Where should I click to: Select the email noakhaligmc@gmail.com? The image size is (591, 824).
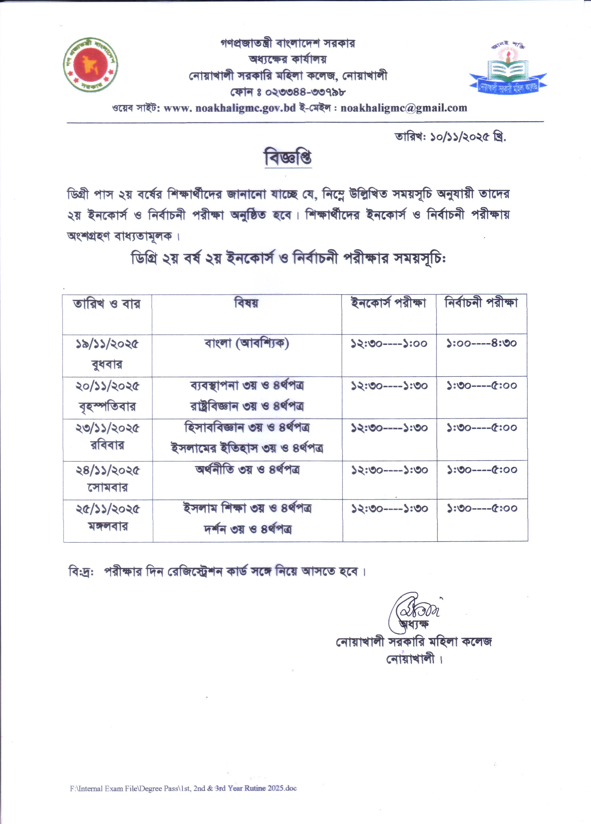pos(404,108)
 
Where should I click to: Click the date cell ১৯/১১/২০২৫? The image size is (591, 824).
pos(107,344)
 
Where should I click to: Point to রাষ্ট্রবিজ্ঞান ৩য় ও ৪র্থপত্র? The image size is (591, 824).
pos(247,406)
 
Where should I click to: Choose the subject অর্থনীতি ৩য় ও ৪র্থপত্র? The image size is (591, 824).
pos(247,470)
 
